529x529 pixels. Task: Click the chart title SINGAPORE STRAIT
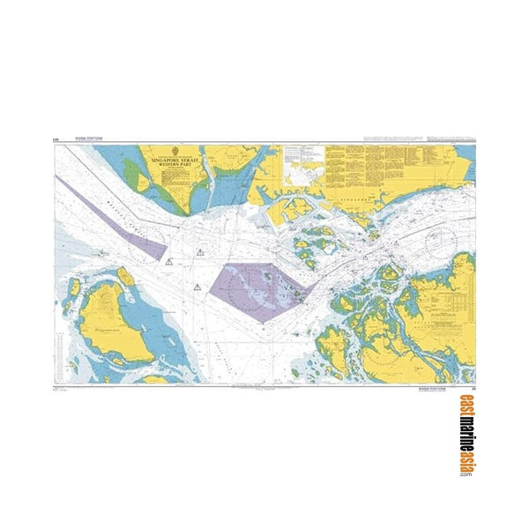(x=175, y=160)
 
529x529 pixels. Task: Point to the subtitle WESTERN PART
(x=175, y=165)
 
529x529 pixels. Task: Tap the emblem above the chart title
(x=175, y=152)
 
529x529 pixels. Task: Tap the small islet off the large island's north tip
(x=126, y=276)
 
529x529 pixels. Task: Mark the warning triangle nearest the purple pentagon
(x=197, y=287)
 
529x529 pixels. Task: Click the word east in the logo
(x=464, y=407)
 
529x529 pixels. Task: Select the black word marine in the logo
(x=464, y=435)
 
